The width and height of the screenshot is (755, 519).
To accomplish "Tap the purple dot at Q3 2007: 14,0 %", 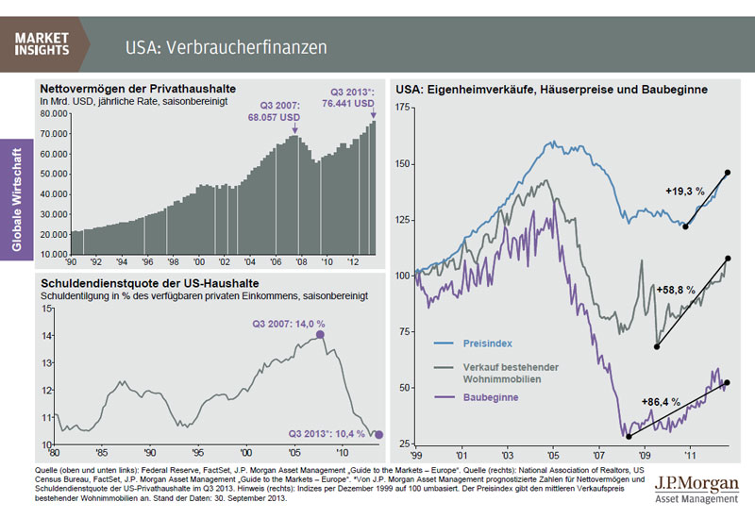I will [x=321, y=334].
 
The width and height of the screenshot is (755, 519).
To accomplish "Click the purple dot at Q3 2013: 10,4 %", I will [x=379, y=435].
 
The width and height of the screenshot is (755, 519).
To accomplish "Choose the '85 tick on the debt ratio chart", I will [x=102, y=452].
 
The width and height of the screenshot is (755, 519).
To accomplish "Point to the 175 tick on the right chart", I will [x=404, y=109].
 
